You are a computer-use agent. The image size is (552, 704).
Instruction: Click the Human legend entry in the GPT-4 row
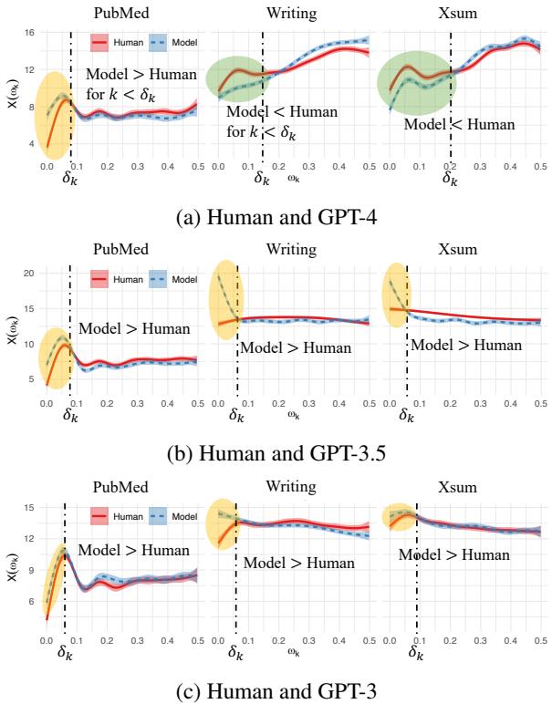tap(115, 41)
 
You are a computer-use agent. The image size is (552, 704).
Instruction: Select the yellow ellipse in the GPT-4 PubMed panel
tap(54, 109)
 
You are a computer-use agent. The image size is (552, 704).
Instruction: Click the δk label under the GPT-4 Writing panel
tap(263, 179)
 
